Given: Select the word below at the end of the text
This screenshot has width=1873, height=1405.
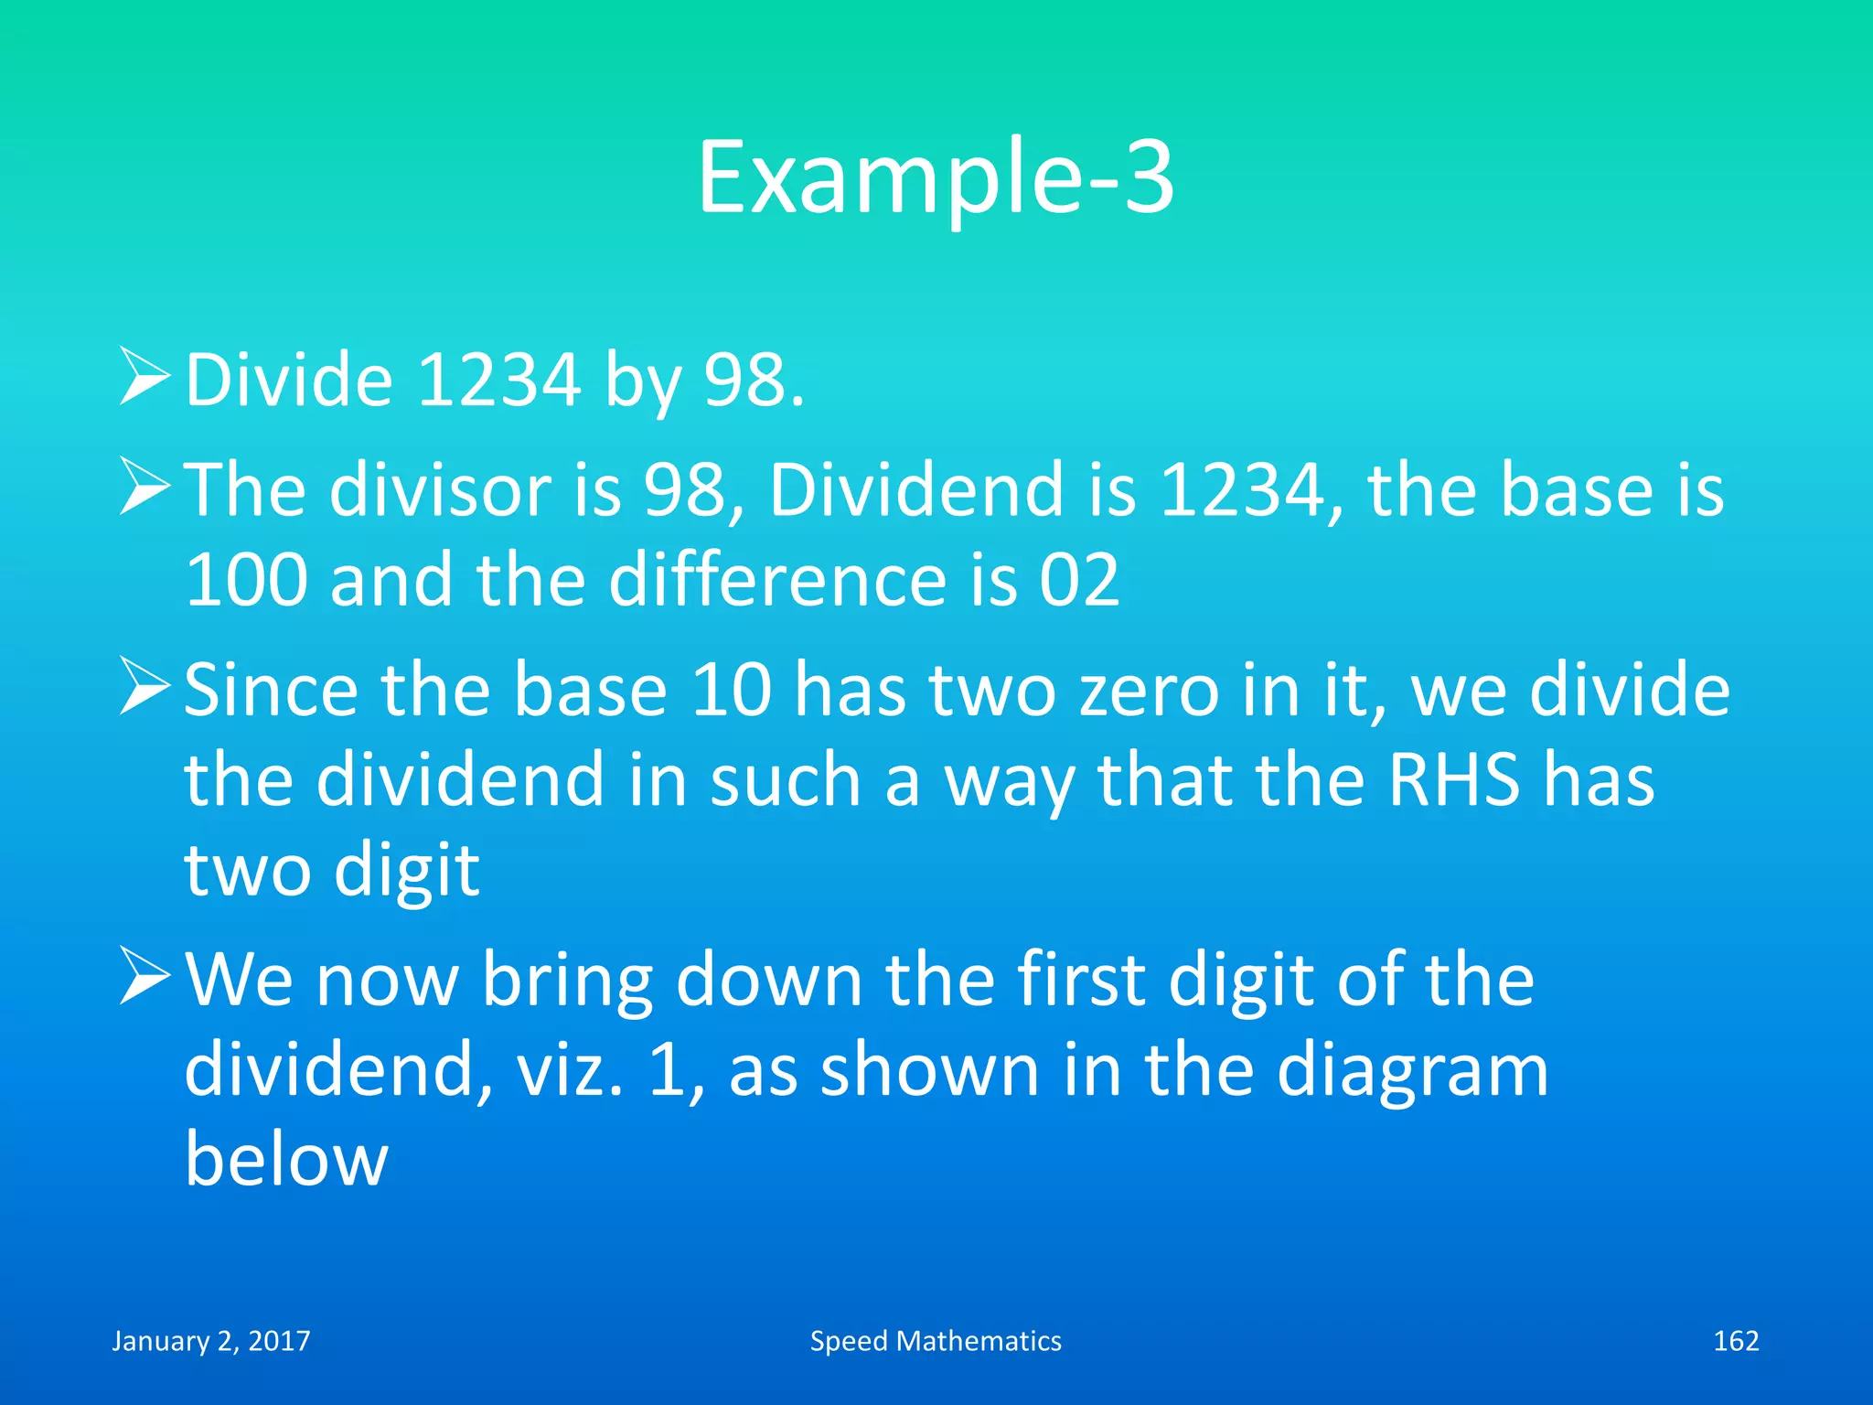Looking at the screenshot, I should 286,1160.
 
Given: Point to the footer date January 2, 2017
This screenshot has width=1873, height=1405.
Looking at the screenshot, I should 211,1341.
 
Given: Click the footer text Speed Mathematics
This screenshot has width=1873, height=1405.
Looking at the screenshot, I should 936,1341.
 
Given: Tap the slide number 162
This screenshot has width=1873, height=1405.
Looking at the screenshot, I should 1736,1341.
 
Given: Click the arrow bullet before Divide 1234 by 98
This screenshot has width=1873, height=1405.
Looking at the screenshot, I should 144,378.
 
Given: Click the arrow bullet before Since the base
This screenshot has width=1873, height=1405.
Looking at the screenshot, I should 144,688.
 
